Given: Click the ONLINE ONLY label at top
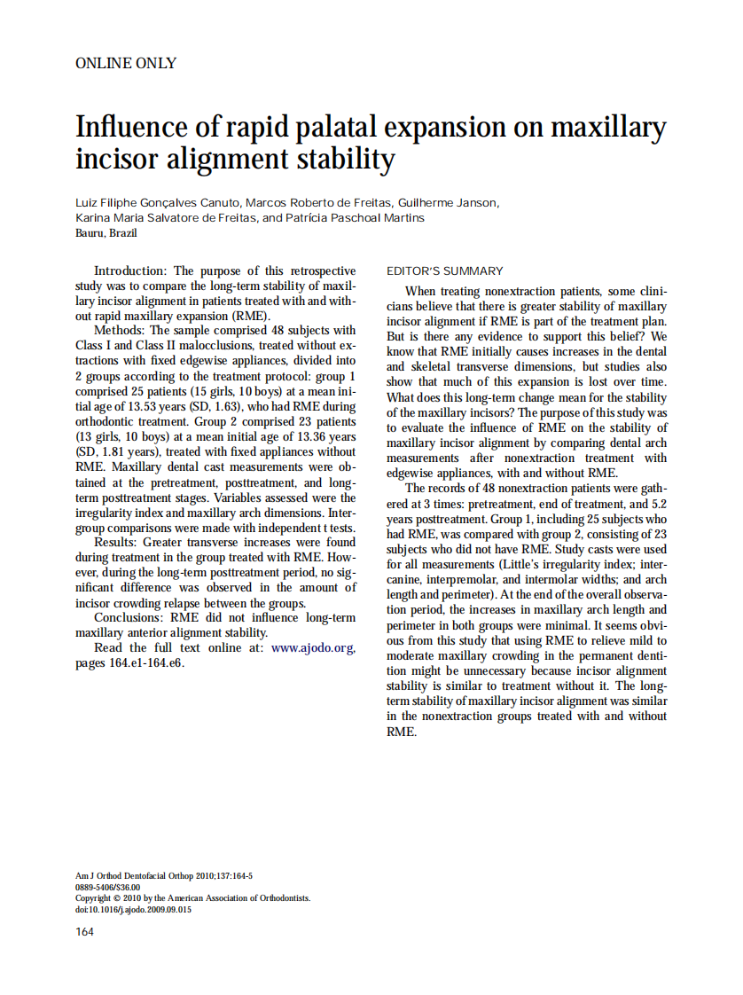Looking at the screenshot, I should click(x=126, y=63).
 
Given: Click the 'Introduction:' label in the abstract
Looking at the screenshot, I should click(x=130, y=271).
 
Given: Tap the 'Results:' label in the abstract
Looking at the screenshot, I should click(x=117, y=542).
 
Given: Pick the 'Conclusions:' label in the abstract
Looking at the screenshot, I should click(x=129, y=617).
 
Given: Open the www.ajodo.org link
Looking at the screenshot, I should click(x=313, y=648).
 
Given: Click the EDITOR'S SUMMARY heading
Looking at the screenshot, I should click(x=445, y=271).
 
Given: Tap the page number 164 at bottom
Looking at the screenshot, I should click(x=85, y=931).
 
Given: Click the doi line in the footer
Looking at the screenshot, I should click(x=133, y=910).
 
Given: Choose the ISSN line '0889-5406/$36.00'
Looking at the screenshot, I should click(x=107, y=887).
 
